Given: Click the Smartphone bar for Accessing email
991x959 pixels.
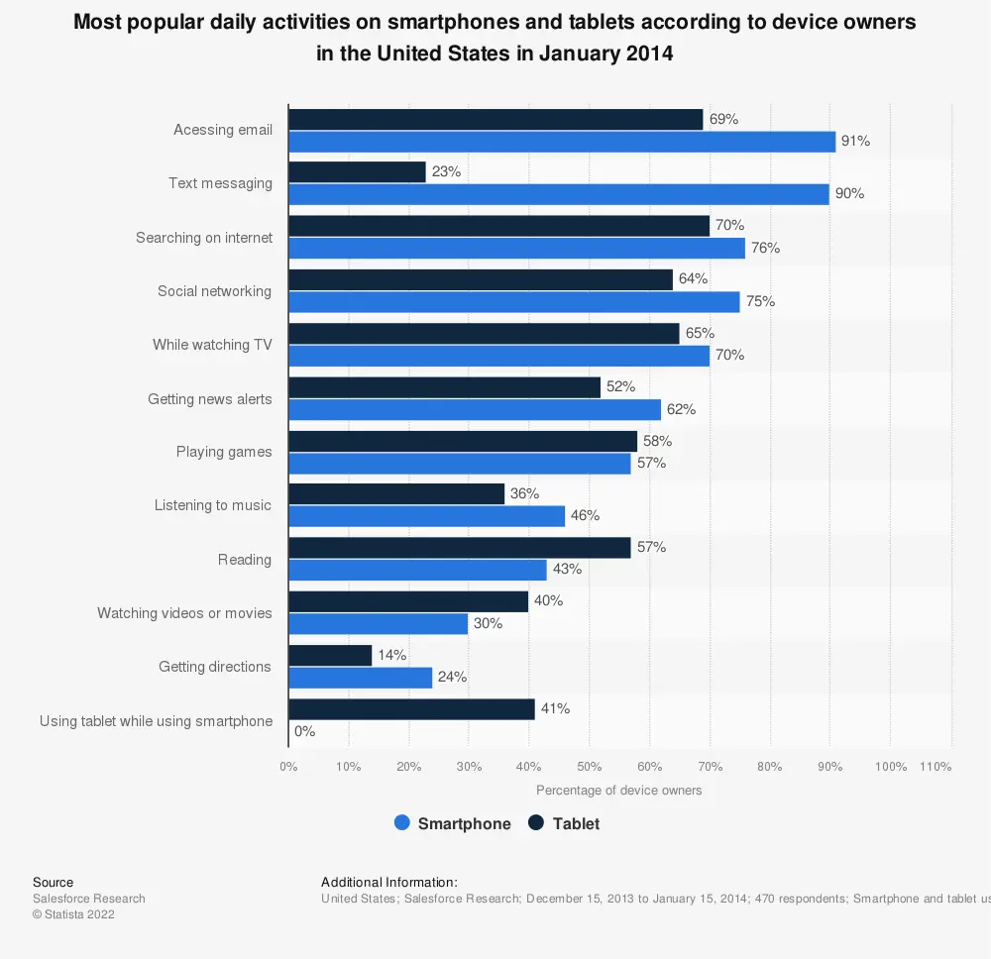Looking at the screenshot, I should pos(562,142).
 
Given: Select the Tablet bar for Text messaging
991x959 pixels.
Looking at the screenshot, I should pos(357,172).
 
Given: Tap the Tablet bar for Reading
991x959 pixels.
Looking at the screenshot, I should pos(459,548).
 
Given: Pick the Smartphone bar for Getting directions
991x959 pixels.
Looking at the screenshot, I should pos(361,678).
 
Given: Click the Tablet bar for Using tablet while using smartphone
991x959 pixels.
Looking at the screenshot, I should pos(411,709).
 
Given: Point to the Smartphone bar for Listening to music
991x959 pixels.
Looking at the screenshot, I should pos(426,516).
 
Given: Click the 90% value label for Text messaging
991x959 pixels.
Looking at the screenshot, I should pos(849,194).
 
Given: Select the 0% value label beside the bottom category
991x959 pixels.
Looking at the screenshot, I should pos(304,731).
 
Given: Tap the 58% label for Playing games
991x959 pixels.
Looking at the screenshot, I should pos(657,441).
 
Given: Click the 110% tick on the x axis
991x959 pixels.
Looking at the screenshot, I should pos(936,767).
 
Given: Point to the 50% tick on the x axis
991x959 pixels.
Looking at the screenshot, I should pos(589,767).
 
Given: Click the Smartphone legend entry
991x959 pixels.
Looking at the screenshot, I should pos(452,823).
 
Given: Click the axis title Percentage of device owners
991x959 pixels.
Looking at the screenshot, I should pos(618,791).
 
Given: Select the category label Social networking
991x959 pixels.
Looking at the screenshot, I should pos(214,291).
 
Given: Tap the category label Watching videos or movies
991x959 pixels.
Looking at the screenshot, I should pos(184,613).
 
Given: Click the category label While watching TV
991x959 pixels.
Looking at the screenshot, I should pos(212,345).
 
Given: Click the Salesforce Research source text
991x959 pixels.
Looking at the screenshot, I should pos(89,899).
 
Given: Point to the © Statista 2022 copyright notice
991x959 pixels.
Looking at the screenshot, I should pos(73,914).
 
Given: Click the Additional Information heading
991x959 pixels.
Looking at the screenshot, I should pos(389,882).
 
